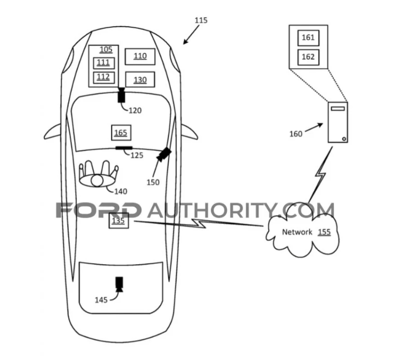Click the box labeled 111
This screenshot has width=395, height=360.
coord(103,63)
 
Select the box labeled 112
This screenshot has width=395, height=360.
coord(103,77)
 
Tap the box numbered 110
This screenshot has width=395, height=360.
coord(140,56)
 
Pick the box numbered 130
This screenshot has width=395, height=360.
coord(140,80)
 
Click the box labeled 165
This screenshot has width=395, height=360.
coord(120,132)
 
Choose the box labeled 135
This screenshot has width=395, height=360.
coord(119,220)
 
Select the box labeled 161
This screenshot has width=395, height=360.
coord(308,38)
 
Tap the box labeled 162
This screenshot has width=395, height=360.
coord(308,56)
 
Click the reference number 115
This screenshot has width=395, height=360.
coord(200,20)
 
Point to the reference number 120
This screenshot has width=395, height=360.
coord(135,111)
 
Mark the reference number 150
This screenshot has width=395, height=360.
coord(153,182)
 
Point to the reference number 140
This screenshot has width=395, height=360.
coord(121,191)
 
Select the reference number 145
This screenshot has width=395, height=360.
coord(101,299)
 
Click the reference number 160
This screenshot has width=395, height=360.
coord(296,134)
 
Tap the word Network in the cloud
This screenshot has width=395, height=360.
coord(297,232)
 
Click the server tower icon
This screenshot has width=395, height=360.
coord(338,123)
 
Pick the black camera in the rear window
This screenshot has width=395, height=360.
coord(119,283)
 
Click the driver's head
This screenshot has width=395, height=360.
coord(97,181)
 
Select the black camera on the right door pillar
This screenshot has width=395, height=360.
coord(164,154)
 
